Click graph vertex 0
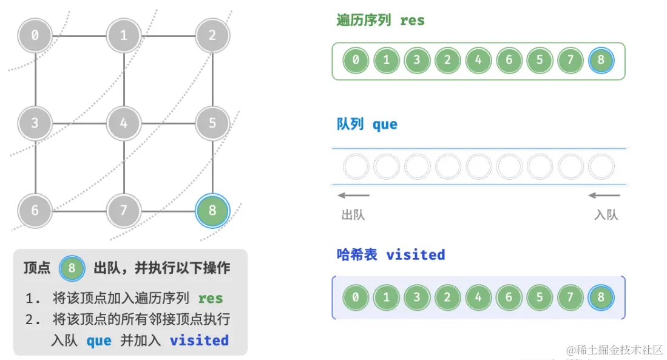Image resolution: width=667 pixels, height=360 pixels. coord(35,35)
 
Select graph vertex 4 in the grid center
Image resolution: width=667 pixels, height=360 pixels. coord(124,123)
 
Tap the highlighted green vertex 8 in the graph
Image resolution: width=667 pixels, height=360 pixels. coord(212,211)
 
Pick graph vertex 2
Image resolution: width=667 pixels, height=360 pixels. coord(212,35)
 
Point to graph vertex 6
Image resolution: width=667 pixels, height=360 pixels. coord(35,211)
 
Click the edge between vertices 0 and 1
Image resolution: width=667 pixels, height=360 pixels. coord(79,35)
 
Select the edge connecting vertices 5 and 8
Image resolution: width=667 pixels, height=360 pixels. coord(212,167)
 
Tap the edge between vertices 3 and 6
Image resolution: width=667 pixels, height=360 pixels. coord(35,167)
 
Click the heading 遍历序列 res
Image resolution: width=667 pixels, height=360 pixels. coord(381,20)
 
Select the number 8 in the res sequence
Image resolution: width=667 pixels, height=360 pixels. coord(601,60)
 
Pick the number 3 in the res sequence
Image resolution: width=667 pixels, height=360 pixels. coord(417,60)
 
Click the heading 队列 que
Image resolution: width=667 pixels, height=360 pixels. coord(367,124)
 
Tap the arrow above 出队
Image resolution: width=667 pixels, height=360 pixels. coord(354,195)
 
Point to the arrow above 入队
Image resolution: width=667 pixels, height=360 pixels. coord(604,195)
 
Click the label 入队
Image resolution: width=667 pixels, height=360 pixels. coord(606,215)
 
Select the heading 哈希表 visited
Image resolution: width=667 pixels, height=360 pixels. coord(390,254)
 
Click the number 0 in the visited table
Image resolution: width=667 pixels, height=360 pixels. coord(356,297)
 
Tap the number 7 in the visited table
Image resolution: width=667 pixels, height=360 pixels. coord(571,297)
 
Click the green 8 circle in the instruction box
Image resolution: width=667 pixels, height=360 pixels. coord(72,268)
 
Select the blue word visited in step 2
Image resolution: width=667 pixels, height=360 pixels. coord(199,340)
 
